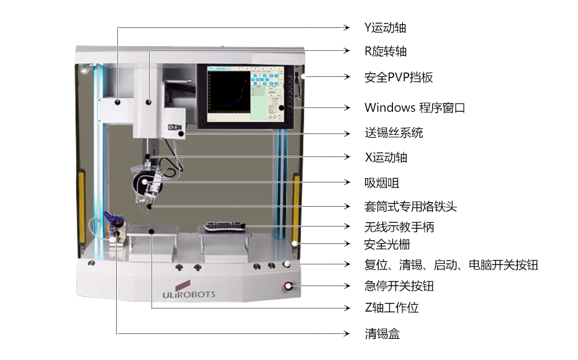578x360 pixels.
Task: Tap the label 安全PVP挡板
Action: point(398,78)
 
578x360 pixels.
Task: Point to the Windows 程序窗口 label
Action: point(414,107)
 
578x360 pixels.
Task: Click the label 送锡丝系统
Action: point(394,133)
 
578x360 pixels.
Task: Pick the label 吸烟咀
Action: point(381,182)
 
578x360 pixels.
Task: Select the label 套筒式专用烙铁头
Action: point(410,206)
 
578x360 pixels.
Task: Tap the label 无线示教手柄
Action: point(399,227)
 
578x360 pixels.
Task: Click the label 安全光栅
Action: point(387,245)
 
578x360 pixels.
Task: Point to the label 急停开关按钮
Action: point(399,286)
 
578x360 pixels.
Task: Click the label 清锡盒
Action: point(382,334)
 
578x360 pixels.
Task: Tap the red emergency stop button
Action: point(289,286)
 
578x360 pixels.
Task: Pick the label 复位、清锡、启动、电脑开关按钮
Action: point(451,265)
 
